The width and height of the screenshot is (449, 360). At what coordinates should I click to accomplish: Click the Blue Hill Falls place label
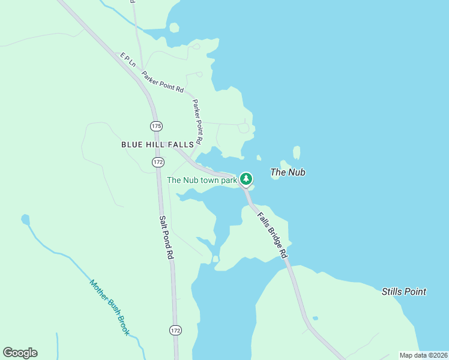(x=157, y=145)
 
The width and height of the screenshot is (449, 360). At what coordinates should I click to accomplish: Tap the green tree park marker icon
(x=246, y=178)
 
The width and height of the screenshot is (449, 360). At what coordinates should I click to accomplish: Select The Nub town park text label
(x=202, y=179)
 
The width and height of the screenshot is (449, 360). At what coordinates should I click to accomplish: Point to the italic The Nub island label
(x=288, y=172)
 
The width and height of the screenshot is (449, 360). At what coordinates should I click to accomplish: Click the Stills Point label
(x=404, y=292)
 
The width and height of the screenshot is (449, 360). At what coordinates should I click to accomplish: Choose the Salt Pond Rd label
(x=167, y=237)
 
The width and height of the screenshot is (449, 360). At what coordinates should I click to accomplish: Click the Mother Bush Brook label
(x=110, y=307)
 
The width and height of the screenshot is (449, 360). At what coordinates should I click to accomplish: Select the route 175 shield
(x=157, y=126)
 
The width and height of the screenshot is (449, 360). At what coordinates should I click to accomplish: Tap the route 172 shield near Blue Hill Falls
(x=158, y=162)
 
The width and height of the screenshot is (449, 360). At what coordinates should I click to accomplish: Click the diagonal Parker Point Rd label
(x=162, y=82)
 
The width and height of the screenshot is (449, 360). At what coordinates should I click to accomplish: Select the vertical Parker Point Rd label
(x=198, y=122)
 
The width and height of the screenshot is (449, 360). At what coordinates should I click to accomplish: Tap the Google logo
(x=20, y=353)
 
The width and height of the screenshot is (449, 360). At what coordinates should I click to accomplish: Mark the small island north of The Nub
(x=297, y=152)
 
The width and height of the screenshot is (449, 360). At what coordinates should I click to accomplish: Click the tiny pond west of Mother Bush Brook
(x=25, y=220)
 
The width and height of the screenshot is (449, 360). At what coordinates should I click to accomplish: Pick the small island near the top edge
(x=174, y=28)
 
